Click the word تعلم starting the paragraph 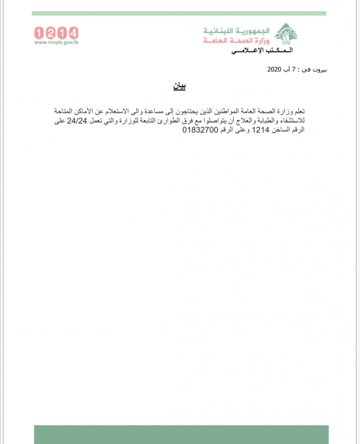click(313, 112)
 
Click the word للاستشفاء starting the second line click(307, 121)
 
